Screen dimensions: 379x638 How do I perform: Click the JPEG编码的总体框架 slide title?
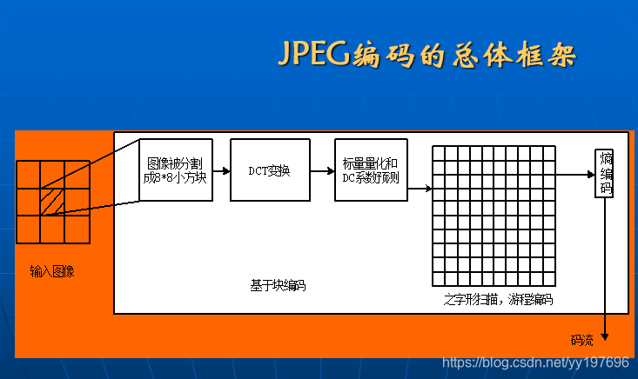point(426,54)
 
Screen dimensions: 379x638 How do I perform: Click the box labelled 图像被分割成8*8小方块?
point(176,170)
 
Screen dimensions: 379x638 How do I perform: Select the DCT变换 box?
point(266,170)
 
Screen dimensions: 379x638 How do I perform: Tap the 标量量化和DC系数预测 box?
point(369,170)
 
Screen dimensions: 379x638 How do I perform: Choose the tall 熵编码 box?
point(605,173)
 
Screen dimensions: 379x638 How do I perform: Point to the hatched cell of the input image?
point(52,202)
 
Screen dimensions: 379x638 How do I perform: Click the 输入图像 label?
point(52,271)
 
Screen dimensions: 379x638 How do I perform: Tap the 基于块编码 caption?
point(278,285)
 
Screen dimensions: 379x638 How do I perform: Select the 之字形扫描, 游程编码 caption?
point(497,300)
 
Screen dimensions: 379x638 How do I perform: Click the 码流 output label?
point(581,339)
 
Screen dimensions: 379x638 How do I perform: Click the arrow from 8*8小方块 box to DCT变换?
point(221,170)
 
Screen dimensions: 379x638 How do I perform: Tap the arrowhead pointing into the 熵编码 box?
point(590,174)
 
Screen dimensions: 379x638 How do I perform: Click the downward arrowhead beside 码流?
point(605,337)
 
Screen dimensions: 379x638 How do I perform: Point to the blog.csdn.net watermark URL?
point(535,362)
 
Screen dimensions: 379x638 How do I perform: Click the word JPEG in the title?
point(312,54)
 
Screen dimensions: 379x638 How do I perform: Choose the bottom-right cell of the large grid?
point(548,280)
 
